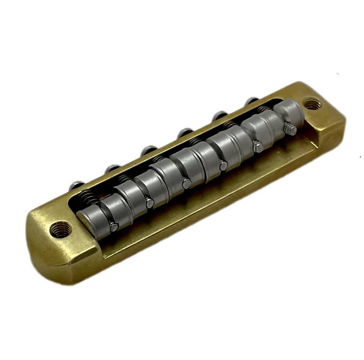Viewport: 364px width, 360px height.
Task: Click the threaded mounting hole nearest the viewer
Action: click(59, 229)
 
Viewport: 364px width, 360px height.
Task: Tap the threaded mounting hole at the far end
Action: click(311, 105)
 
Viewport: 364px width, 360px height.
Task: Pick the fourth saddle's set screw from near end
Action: click(223, 165)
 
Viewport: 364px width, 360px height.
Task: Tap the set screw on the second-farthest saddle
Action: click(257, 146)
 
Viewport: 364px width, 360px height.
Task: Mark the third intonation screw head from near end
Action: click(147, 150)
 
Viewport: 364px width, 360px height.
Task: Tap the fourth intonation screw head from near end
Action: click(183, 133)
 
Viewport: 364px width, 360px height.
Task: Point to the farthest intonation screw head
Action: click(250, 101)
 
